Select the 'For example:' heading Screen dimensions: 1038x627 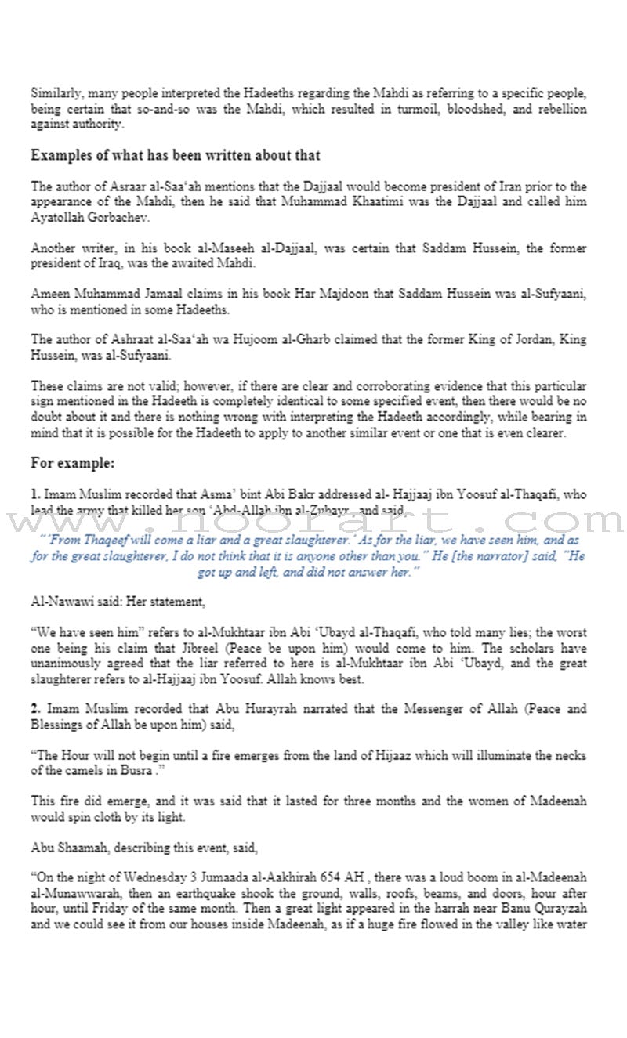pyautogui.click(x=73, y=462)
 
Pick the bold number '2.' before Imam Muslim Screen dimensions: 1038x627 pyautogui.click(x=35, y=709)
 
